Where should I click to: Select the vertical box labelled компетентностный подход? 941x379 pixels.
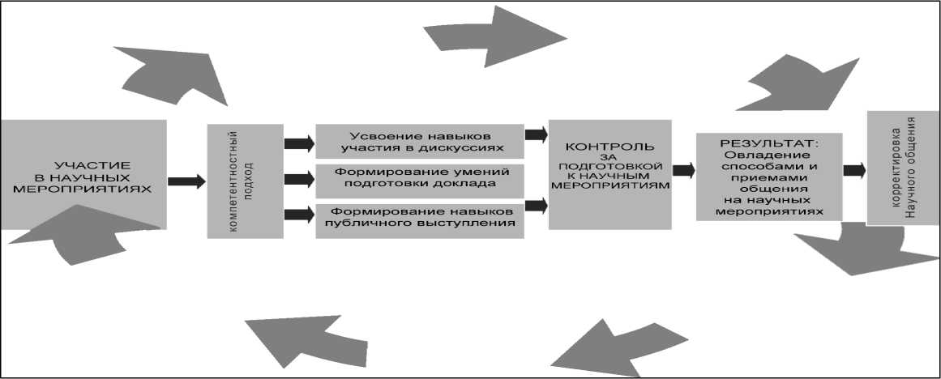tap(245, 181)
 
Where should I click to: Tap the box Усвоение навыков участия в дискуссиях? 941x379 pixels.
tap(419, 142)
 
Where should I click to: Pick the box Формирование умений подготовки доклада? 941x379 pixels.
tap(419, 178)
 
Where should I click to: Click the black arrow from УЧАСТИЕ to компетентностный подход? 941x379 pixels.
tap(186, 181)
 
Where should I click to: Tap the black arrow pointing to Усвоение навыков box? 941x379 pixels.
tap(299, 143)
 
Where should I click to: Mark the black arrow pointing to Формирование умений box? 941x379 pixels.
tap(299, 178)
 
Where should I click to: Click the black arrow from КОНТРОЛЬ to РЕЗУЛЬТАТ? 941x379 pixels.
tap(683, 170)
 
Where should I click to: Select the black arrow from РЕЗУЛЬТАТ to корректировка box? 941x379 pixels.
tap(854, 170)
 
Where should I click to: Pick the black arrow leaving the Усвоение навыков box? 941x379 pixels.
tap(536, 134)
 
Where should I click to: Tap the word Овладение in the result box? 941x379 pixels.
tap(769, 155)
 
